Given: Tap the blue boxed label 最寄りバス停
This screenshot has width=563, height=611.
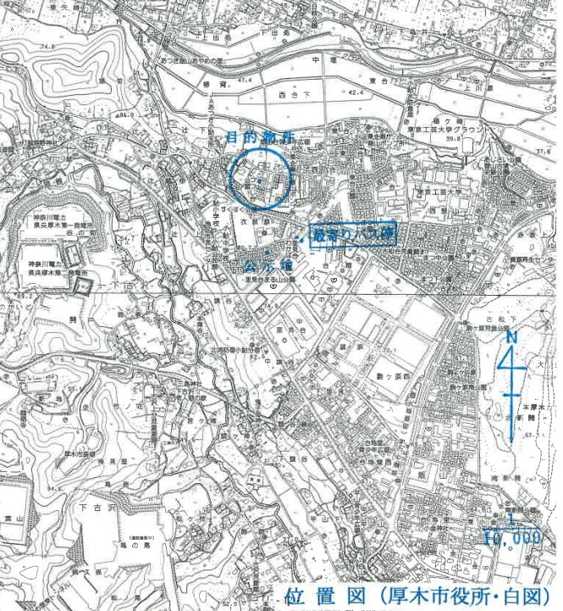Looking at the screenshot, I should (x=354, y=235).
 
